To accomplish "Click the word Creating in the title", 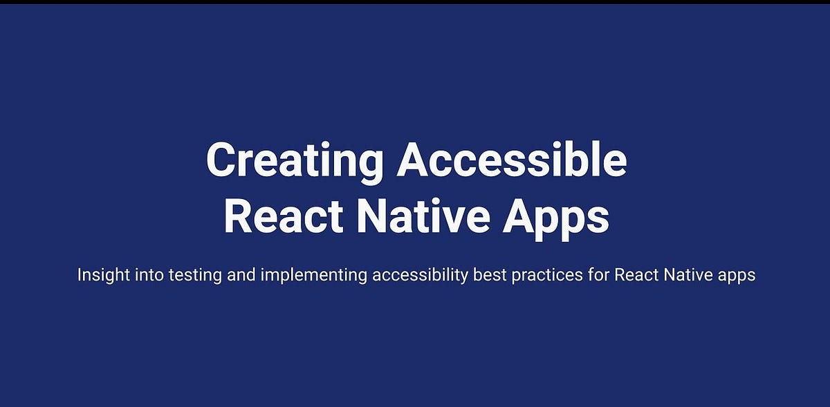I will point(295,161).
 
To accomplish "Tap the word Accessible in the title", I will point(512,161).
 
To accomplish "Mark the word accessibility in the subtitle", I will point(420,275).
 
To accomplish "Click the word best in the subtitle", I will point(488,275).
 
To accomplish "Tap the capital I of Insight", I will point(80,275).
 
